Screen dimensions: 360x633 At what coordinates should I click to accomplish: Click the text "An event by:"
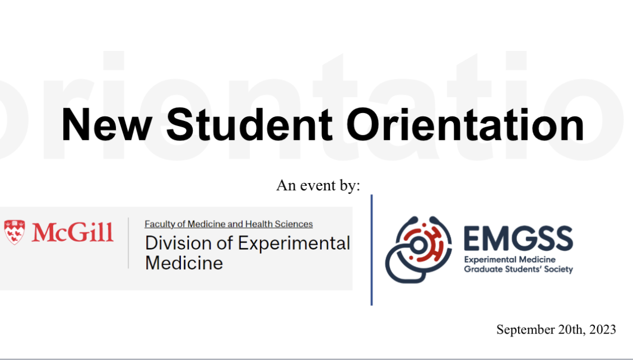[318, 185]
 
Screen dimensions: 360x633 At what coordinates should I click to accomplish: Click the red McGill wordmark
[72, 232]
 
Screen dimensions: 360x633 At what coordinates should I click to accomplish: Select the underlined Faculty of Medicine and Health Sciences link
[229, 224]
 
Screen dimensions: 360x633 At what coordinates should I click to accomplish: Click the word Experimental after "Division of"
[294, 243]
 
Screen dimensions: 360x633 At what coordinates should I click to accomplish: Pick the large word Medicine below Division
[184, 262]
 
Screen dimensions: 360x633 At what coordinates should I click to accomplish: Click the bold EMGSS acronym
[518, 239]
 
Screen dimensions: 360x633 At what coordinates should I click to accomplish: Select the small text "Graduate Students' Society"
[518, 269]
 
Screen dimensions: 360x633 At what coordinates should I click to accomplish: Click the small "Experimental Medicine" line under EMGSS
[510, 260]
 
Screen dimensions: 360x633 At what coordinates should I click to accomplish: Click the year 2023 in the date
[603, 329]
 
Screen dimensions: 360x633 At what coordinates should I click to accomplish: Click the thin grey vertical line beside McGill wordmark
[128, 243]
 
